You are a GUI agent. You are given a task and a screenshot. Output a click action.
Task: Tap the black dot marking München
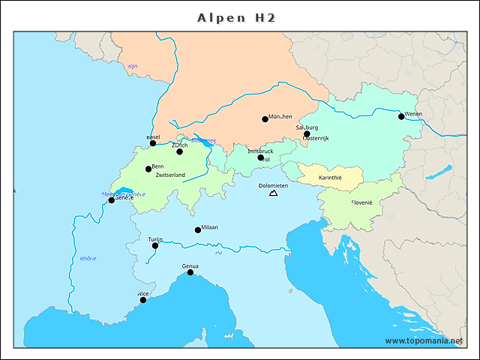click(x=265, y=119)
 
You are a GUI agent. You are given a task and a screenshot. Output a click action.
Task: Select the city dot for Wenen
click(x=401, y=116)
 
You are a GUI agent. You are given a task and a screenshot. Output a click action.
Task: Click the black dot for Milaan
click(x=198, y=230)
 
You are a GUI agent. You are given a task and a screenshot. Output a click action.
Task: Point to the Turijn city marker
click(x=155, y=245)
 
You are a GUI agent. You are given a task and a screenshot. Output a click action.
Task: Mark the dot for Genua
click(x=190, y=272)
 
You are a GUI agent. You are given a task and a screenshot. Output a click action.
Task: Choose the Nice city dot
click(x=143, y=300)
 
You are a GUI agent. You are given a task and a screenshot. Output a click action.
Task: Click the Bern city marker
click(x=148, y=169)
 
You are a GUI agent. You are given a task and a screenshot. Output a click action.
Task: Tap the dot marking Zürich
click(x=179, y=151)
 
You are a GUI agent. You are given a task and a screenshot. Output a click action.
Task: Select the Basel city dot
click(x=153, y=143)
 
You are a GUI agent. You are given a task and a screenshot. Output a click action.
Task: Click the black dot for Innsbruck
click(x=260, y=157)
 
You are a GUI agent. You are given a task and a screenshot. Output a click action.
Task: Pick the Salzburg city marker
click(x=306, y=133)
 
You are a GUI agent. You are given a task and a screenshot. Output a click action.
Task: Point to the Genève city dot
click(x=112, y=199)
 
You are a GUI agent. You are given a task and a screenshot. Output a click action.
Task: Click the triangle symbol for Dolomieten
click(x=273, y=193)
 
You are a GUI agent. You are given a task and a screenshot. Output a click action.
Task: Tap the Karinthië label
click(x=330, y=178)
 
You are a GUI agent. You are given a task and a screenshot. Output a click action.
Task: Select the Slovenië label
click(x=361, y=202)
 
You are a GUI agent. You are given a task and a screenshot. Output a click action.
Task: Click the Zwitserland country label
click(x=170, y=175)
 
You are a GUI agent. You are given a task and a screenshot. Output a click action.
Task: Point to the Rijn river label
click(x=133, y=67)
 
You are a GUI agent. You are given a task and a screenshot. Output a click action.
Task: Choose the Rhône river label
click(x=88, y=259)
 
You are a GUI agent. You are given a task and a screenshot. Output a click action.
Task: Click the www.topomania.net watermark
click(x=424, y=340)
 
